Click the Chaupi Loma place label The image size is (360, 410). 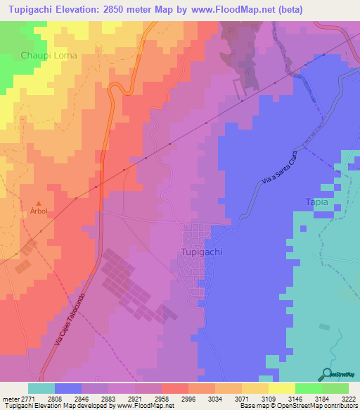pyautogui.click(x=48, y=54)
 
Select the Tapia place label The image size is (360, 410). pyautogui.click(x=317, y=201)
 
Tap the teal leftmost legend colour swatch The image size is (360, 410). pyautogui.click(x=41, y=388)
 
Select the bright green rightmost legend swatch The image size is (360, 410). pyautogui.click(x=335, y=388)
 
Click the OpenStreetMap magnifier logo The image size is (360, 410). pyautogui.click(x=326, y=375)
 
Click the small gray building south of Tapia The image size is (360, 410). pyautogui.click(x=323, y=326)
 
